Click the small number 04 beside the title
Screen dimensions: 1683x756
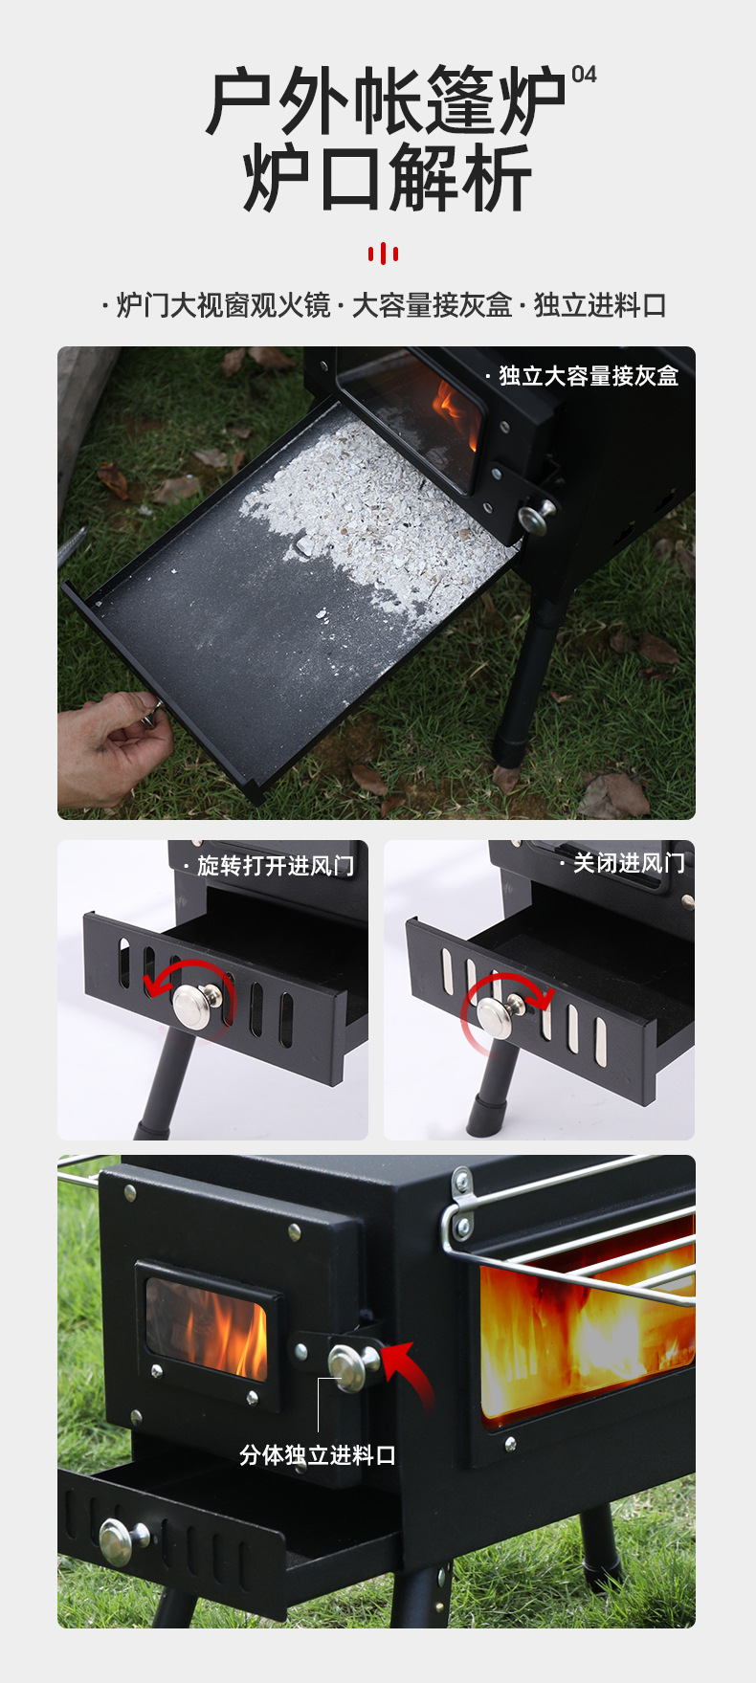[584, 75]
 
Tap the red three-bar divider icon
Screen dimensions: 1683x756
[383, 254]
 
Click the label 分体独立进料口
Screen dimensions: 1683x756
[318, 1455]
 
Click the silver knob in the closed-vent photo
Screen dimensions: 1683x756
[499, 1016]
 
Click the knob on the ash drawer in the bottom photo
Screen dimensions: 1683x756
[122, 1541]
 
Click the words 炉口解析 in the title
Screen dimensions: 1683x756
[387, 179]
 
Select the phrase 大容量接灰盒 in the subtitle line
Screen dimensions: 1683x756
[432, 306]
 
